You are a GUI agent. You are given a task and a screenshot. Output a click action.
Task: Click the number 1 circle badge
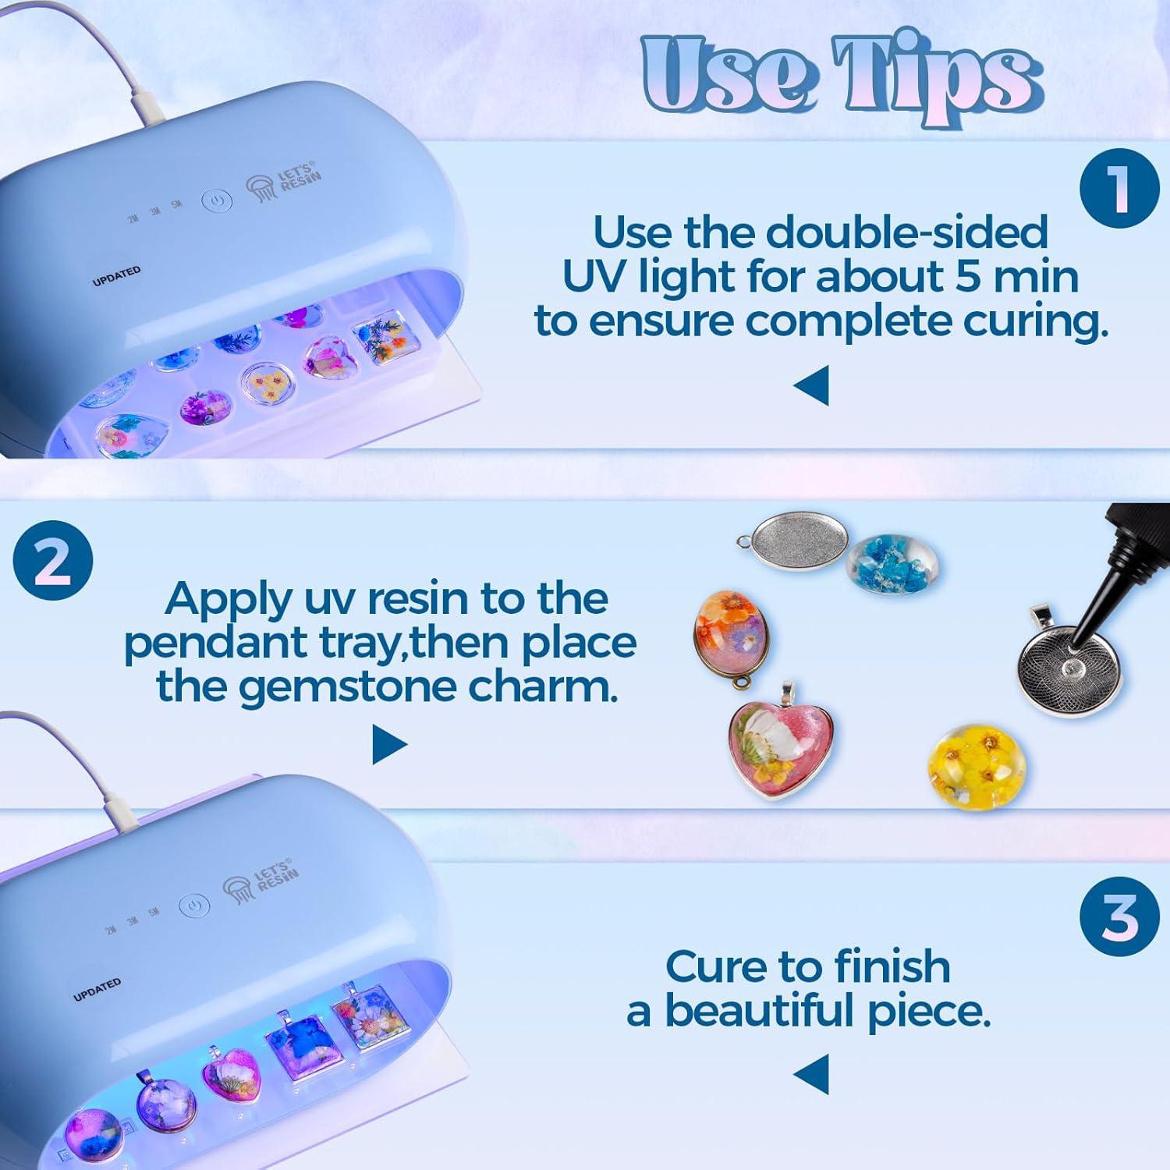click(1119, 189)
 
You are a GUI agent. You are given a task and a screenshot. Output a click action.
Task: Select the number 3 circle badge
click(1119, 917)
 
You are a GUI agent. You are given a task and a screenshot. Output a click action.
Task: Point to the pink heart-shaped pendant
click(767, 748)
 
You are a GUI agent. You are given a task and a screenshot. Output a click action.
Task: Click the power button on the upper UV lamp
click(217, 201)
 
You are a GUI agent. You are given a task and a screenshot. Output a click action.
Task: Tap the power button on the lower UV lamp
click(193, 906)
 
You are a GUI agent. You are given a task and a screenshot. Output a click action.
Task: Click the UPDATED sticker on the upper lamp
click(117, 276)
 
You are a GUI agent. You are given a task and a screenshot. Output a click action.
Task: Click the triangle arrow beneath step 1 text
click(811, 387)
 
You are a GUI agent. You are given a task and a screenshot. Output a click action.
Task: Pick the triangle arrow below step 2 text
click(389, 744)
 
